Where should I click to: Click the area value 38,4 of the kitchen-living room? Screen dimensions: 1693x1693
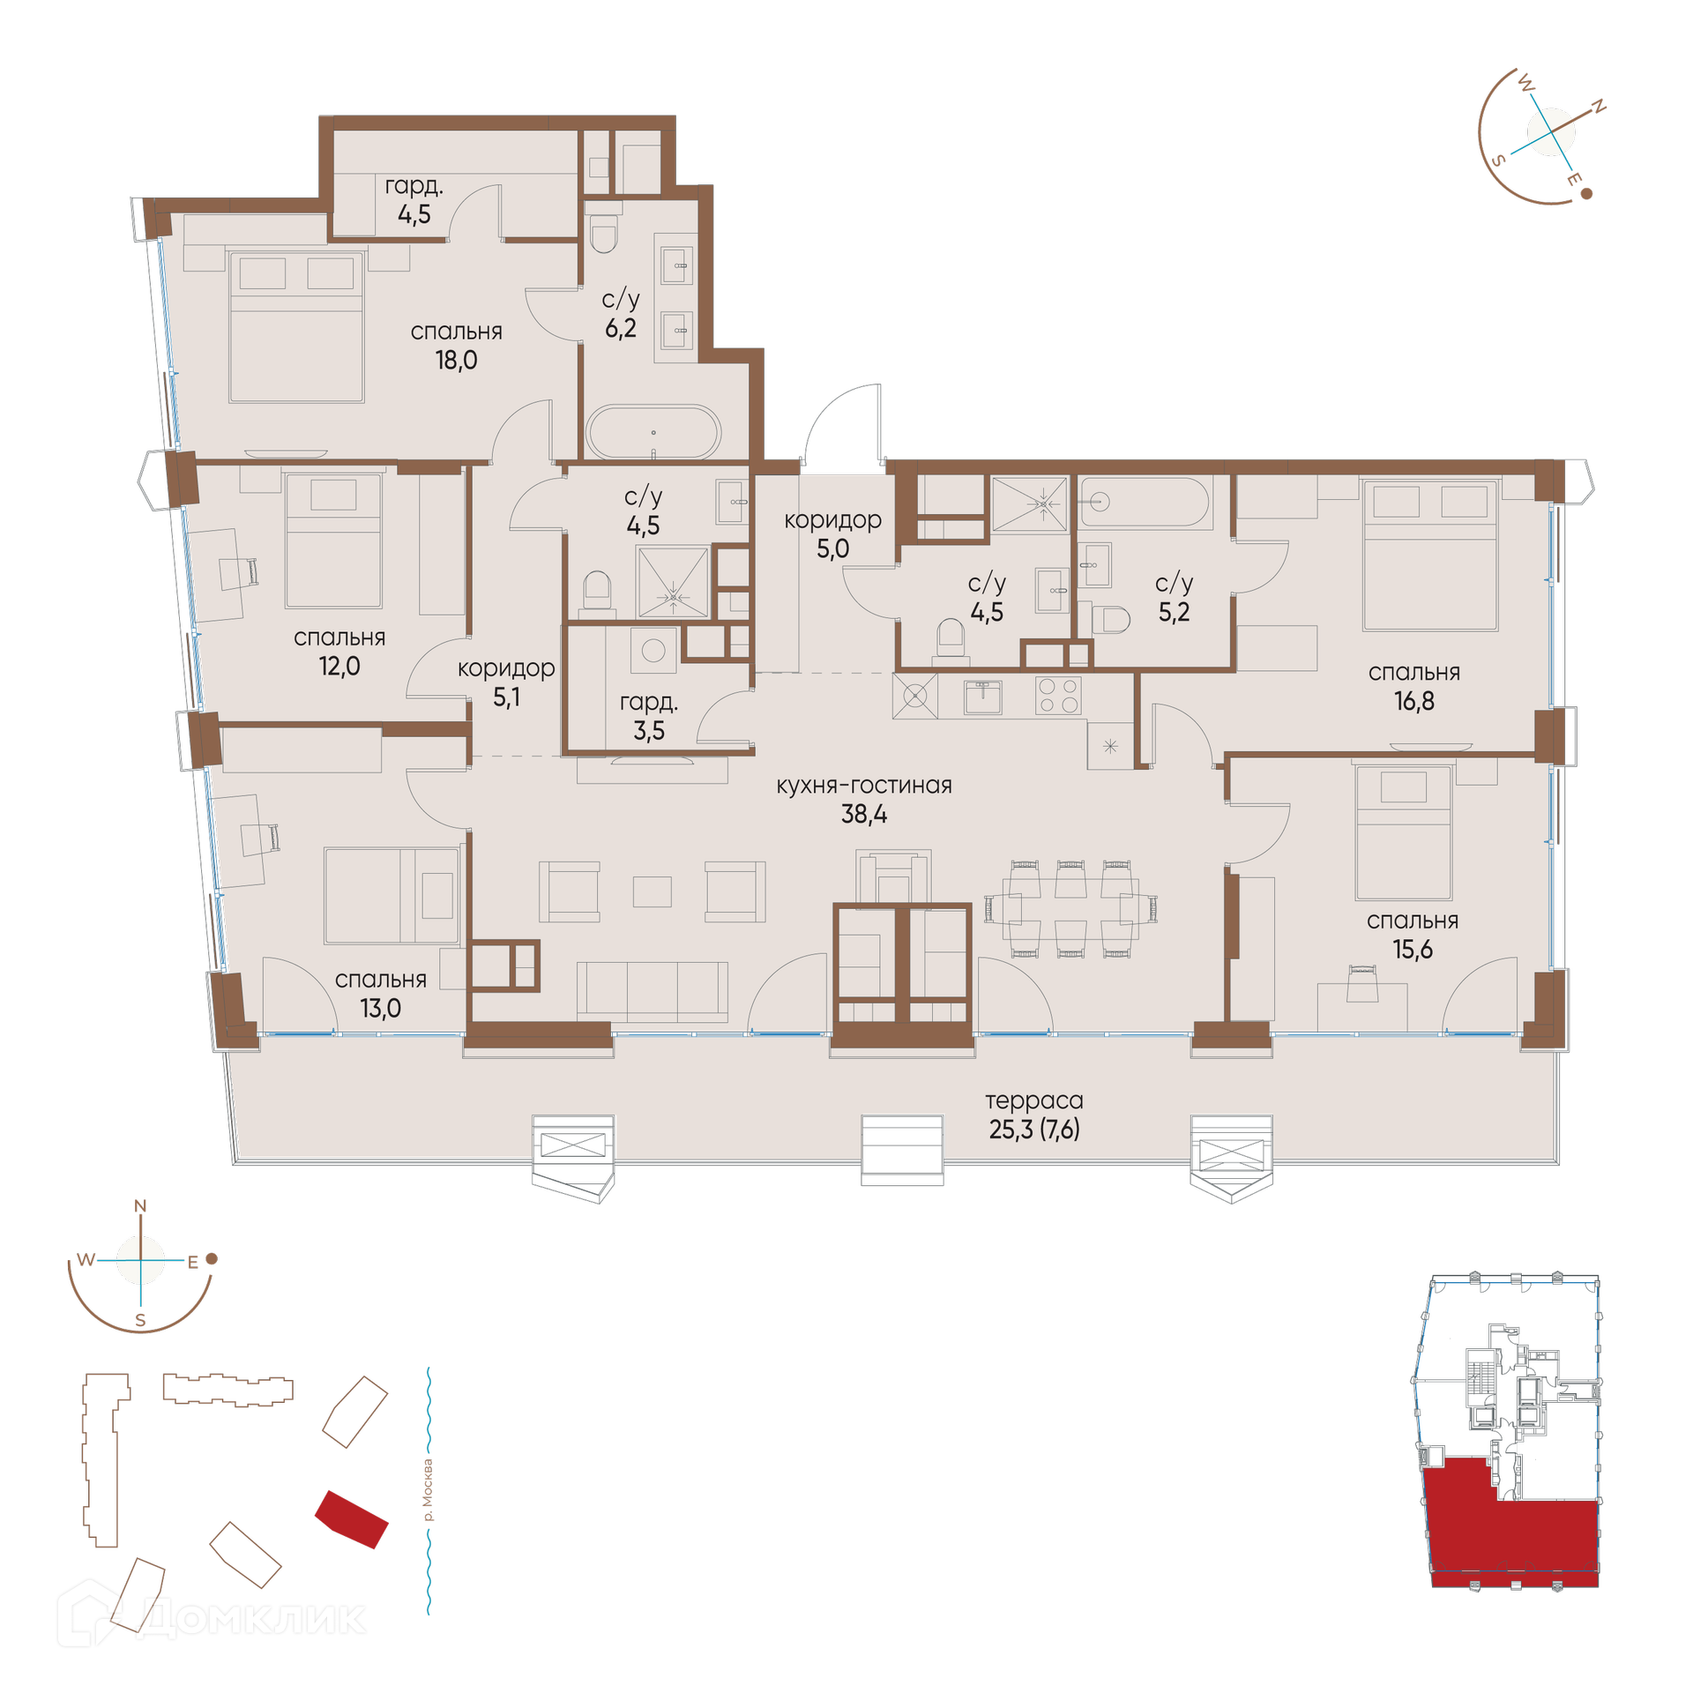[x=863, y=815]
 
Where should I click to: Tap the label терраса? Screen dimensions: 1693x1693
[x=1033, y=1101]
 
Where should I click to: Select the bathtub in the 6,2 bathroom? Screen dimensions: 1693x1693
[x=653, y=432]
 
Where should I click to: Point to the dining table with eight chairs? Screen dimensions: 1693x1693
[x=1070, y=908]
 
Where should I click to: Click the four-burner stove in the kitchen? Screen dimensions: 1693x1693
[x=1057, y=695]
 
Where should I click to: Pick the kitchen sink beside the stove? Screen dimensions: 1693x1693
[x=982, y=697]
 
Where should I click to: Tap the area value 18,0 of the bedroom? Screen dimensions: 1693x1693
[x=456, y=360]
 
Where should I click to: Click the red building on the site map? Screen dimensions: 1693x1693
[x=352, y=1519]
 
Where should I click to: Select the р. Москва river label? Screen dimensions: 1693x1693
[x=429, y=1490]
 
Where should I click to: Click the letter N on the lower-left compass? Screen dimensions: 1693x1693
[x=140, y=1206]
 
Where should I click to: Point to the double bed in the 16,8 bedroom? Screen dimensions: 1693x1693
[x=1429, y=555]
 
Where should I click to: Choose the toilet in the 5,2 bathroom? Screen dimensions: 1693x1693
[x=1111, y=620]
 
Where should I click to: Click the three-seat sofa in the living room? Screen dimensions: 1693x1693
[x=653, y=992]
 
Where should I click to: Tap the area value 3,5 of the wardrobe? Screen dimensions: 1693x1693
[x=649, y=730]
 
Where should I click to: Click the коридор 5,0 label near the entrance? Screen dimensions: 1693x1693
[x=832, y=534]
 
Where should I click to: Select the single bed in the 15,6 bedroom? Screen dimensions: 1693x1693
[x=1404, y=832]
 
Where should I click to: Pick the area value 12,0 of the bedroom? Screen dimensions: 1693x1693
[x=339, y=666]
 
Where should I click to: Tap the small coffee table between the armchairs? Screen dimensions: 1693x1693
[x=652, y=891]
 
